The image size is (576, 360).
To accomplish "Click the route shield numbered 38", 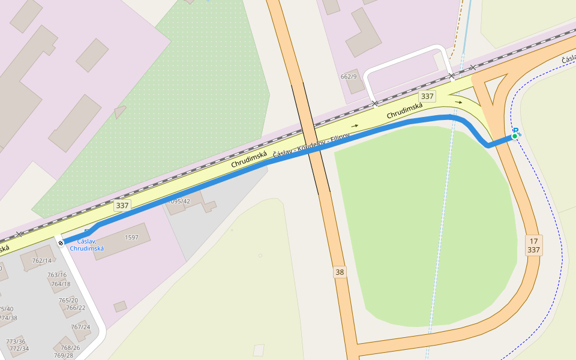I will (x=340, y=272).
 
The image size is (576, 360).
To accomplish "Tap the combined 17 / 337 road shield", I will (x=533, y=245).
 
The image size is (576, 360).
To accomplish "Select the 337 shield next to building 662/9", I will (x=427, y=96).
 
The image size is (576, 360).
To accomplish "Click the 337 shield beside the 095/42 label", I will (x=122, y=205).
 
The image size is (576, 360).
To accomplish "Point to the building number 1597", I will (x=131, y=238).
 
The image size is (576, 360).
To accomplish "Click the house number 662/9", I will (x=349, y=76).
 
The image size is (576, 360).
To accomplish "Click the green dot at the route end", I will (x=514, y=137).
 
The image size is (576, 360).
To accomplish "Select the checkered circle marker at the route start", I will (x=61, y=243).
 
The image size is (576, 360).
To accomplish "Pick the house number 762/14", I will (x=41, y=261).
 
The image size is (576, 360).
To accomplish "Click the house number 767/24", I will (x=80, y=327).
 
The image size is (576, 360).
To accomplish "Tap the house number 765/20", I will (x=68, y=300).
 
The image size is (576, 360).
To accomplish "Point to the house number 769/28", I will (x=63, y=355).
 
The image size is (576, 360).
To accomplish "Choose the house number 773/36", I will (x=16, y=341).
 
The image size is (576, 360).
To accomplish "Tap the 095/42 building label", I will (x=179, y=201).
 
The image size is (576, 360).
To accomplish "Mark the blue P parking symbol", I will (x=515, y=131).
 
